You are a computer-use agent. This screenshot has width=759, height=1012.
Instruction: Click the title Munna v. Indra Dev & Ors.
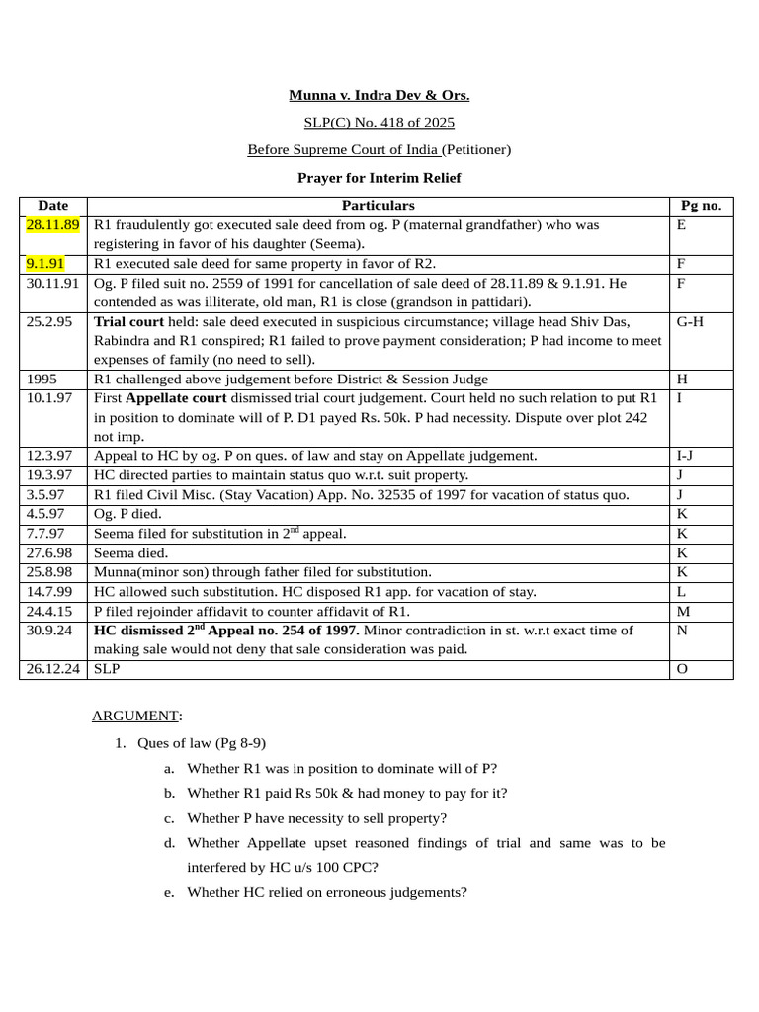379,96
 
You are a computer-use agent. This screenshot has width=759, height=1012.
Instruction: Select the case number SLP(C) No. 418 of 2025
379,123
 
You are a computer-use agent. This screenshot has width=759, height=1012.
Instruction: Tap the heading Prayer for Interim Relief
379,178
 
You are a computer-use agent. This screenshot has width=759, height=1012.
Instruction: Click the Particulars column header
378,206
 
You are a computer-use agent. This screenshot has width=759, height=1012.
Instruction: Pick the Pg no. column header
701,206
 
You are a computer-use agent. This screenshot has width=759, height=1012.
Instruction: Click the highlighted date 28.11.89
52,225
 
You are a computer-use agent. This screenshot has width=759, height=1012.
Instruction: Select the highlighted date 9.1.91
45,264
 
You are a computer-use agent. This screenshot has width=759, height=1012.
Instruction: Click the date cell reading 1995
42,379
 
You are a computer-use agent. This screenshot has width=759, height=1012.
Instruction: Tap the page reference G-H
690,322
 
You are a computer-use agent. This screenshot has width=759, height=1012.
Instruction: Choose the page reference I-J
685,456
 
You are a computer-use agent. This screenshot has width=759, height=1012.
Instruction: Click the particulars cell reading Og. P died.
127,514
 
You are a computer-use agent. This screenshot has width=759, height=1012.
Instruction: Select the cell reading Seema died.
130,553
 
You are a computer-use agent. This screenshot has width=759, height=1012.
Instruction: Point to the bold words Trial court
129,322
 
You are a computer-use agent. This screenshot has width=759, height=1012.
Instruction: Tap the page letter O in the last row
681,669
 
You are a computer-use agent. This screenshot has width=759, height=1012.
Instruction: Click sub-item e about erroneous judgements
326,892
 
